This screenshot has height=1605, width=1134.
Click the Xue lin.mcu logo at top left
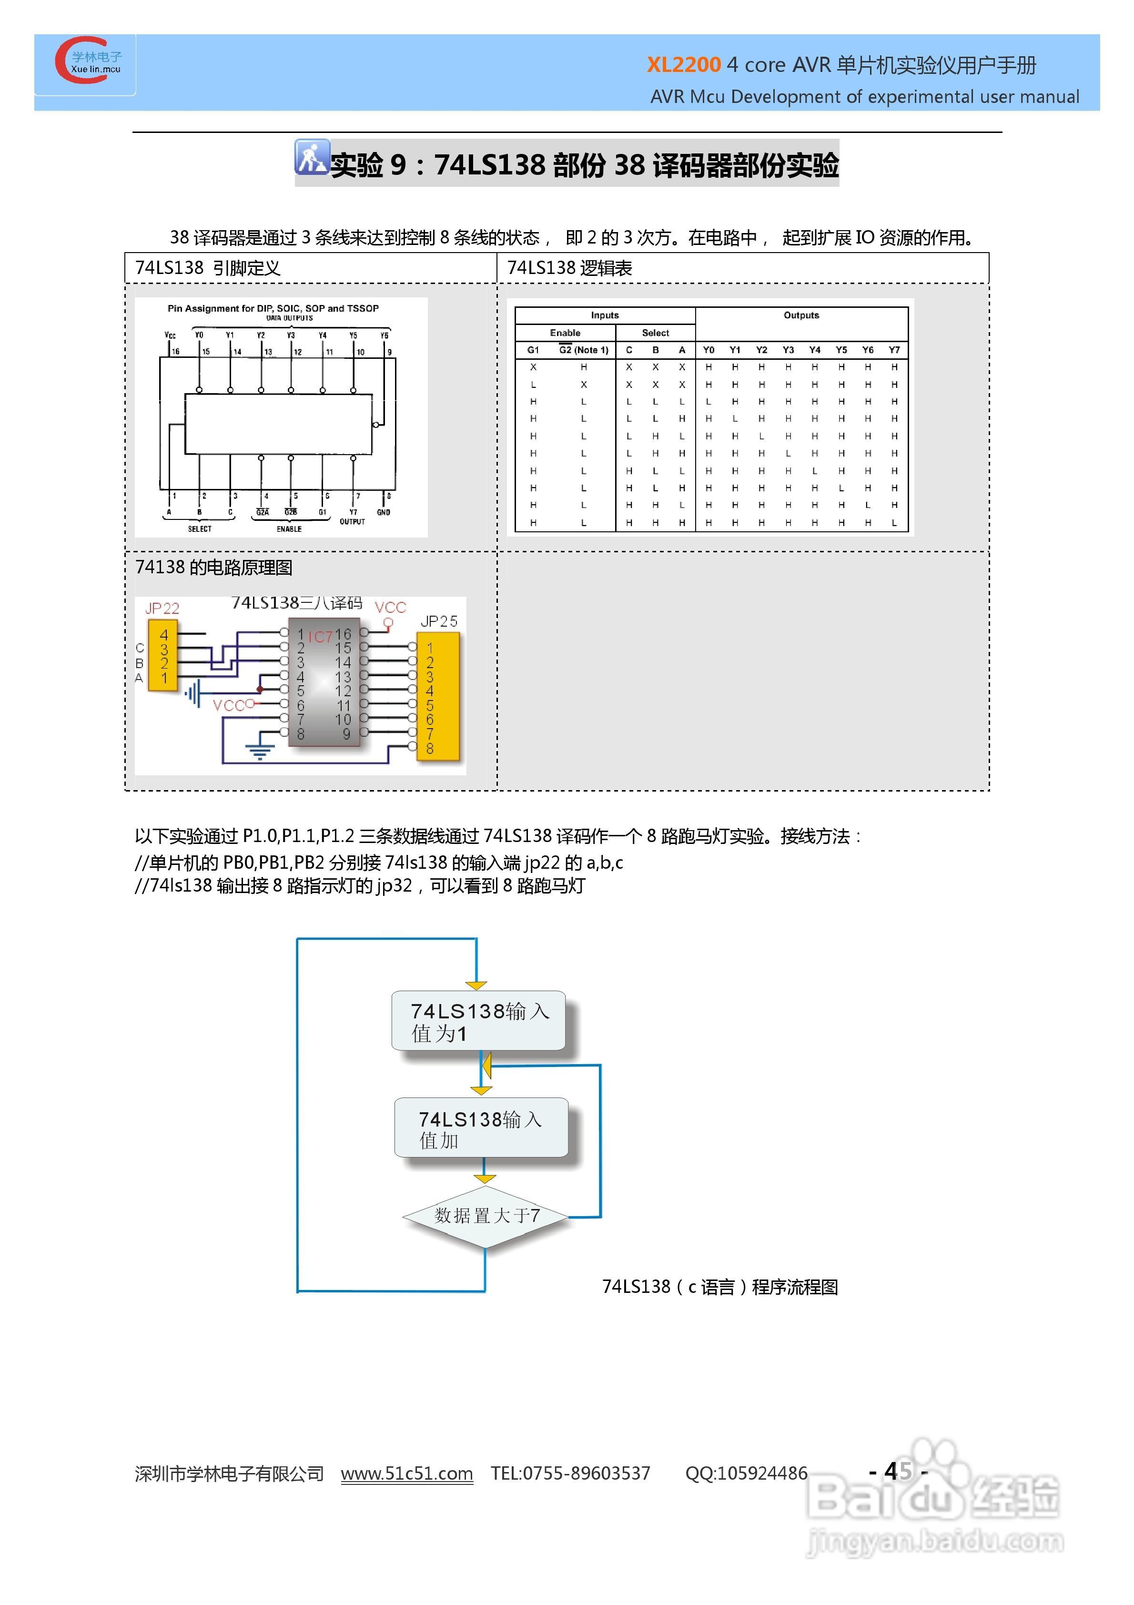(87, 61)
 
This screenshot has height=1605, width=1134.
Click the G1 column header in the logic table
(533, 349)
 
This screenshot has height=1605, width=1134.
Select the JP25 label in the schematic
(439, 621)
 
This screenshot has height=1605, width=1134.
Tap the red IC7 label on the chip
(320, 637)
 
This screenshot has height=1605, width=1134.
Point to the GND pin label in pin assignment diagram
(383, 512)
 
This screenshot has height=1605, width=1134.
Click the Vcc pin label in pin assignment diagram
(171, 335)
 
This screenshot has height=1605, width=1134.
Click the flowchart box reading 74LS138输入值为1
(478, 1021)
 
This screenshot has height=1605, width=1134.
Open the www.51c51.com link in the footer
(406, 1473)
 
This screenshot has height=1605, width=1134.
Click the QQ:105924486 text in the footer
(746, 1473)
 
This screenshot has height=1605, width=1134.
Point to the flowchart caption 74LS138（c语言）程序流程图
(719, 1287)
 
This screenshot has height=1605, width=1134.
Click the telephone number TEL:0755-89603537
(570, 1473)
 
